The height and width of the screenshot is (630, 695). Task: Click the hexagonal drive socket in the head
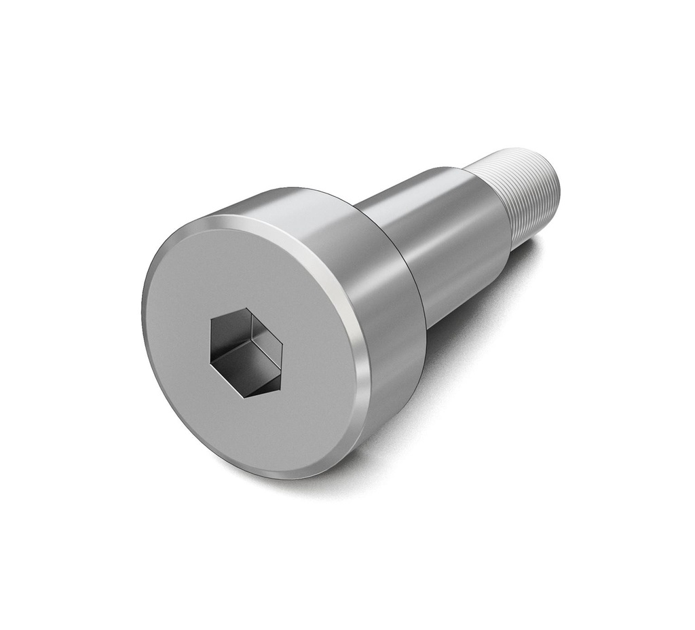click(x=246, y=352)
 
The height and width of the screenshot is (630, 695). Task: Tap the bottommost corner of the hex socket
click(x=246, y=397)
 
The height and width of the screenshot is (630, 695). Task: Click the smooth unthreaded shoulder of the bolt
click(x=448, y=238)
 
